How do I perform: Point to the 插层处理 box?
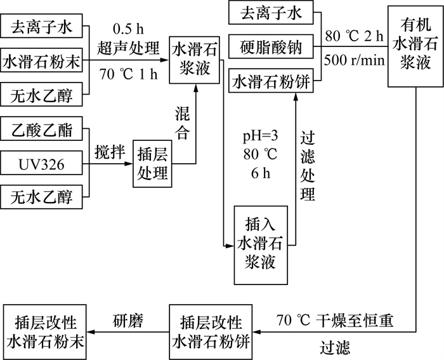[x=152, y=163]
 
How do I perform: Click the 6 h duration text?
[x=260, y=173]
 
